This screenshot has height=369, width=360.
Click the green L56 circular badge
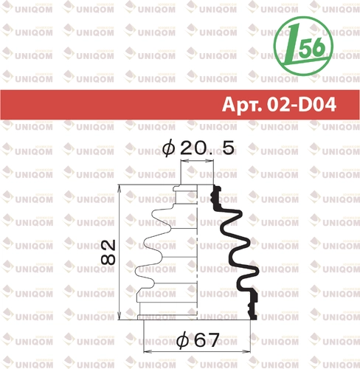(x=303, y=46)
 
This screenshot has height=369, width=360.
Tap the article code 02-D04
(x=302, y=105)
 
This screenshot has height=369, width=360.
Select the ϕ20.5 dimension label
(x=198, y=148)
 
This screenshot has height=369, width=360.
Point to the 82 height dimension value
(x=108, y=252)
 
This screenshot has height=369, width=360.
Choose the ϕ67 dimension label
(x=198, y=340)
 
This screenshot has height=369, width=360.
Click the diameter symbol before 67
(x=183, y=341)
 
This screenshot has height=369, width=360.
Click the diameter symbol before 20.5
(x=169, y=148)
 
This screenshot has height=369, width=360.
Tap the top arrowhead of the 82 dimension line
(x=120, y=188)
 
